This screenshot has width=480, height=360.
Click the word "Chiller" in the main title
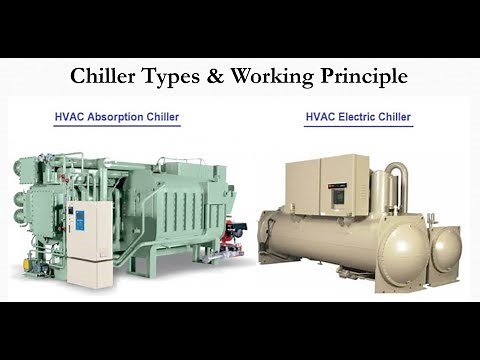click(x=105, y=76)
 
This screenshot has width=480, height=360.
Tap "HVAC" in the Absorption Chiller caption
click(x=69, y=117)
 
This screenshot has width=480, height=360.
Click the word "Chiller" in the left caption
click(x=160, y=117)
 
